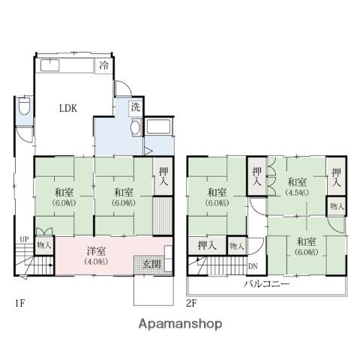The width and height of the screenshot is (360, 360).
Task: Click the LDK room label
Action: pos(68,108)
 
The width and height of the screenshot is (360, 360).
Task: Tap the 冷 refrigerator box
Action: pos(104,66)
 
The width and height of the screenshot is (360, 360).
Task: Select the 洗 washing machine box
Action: pos(136,108)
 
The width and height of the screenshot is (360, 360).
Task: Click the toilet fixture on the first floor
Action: pos(25,106)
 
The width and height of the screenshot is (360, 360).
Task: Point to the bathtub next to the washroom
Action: pos(159,127)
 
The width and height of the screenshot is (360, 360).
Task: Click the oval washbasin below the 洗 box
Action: pos(136,127)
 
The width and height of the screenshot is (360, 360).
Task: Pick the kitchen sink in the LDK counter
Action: pos(50,65)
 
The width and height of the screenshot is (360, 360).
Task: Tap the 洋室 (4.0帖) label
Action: pos(96,256)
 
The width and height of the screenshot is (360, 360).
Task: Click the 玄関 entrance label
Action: pos(151,264)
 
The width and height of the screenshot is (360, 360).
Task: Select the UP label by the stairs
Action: pos(24,239)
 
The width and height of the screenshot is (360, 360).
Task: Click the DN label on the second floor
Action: pos(253,266)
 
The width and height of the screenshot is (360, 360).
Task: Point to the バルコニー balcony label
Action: pos(267,283)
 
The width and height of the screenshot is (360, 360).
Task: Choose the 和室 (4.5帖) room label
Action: pos(297,187)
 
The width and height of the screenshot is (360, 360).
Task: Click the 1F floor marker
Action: pos(20,303)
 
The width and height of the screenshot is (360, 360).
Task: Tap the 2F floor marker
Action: pos(191,303)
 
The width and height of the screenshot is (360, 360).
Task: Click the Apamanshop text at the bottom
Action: pos(180,324)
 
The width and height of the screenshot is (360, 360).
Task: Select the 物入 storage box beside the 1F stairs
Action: pos(44,245)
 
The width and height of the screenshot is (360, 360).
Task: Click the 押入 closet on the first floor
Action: pos(163,176)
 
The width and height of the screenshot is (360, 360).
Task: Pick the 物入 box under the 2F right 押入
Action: pos(337,206)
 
